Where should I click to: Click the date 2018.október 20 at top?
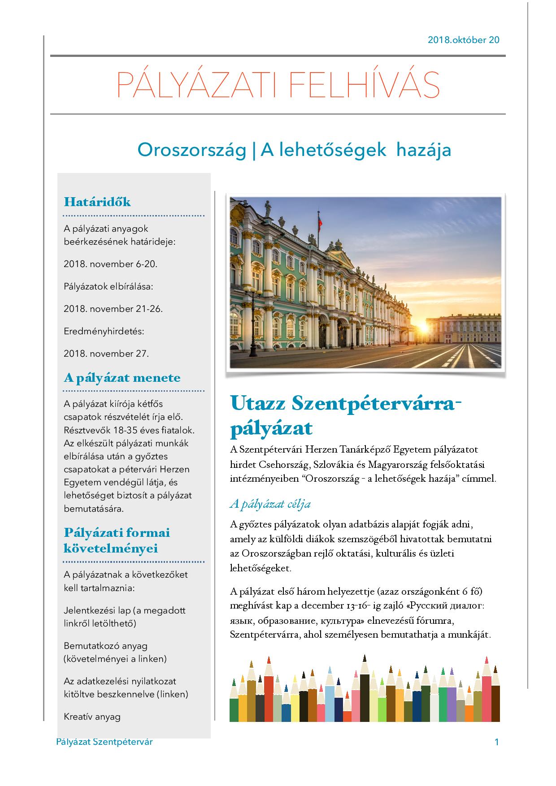[x=463, y=40]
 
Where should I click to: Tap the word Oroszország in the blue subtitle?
[x=192, y=150]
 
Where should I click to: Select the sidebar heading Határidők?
[x=97, y=202]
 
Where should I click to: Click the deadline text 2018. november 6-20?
[x=110, y=264]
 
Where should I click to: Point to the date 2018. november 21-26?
[x=113, y=309]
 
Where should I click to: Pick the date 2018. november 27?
[x=106, y=354]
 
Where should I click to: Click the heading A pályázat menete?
[x=122, y=378]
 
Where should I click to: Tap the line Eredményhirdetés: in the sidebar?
[x=104, y=331]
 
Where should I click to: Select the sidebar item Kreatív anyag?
[x=92, y=717]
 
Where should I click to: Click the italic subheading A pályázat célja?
[x=270, y=504]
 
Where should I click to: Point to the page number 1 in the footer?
[x=496, y=742]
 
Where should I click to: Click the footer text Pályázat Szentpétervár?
[x=104, y=742]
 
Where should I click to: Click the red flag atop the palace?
[x=319, y=220]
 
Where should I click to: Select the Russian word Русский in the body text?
[x=426, y=606]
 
